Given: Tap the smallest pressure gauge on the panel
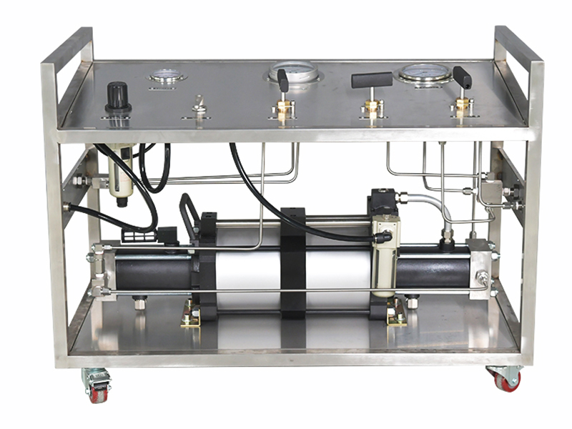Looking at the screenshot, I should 167,75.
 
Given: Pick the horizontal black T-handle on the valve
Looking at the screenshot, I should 372,79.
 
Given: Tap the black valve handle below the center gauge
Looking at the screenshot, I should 282,80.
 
